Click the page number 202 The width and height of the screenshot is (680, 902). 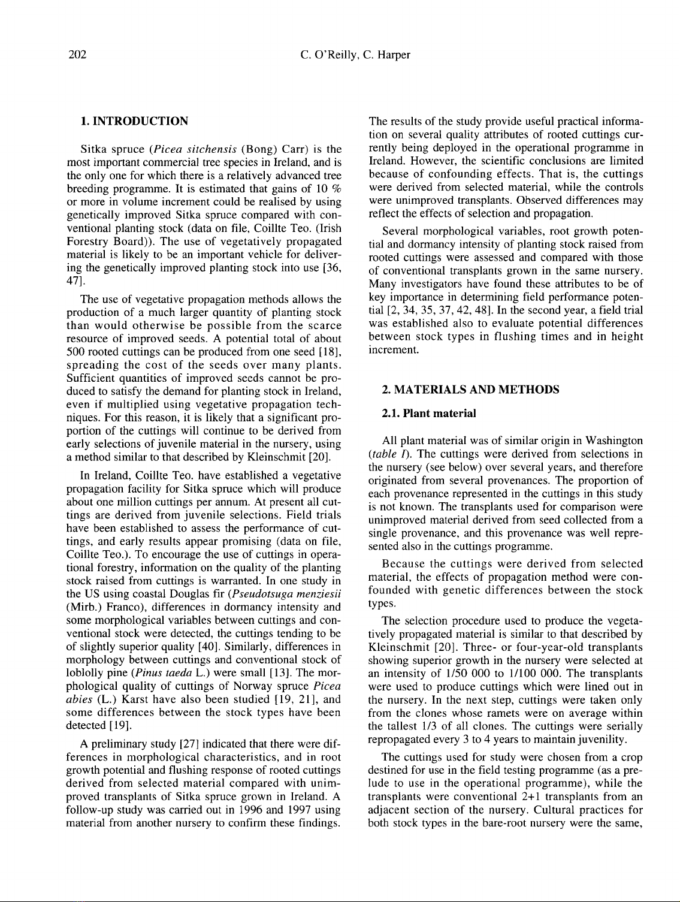tap(77, 56)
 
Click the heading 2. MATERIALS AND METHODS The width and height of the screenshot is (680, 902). tap(470, 390)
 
